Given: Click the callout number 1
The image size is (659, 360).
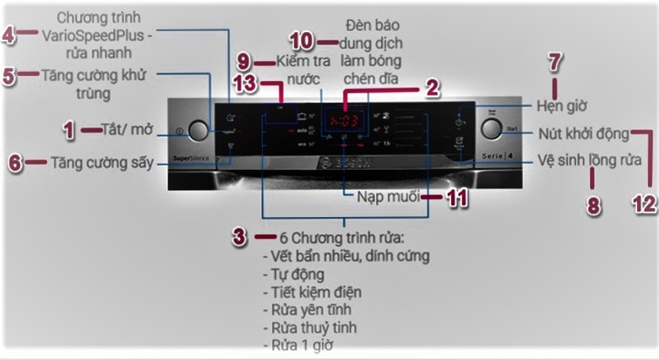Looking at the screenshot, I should coord(69,130).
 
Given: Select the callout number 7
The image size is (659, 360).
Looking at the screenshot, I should coord(554,62).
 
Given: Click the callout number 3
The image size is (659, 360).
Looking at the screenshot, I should coord(241,236).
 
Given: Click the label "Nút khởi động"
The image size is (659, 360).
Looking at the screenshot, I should coord(583,133).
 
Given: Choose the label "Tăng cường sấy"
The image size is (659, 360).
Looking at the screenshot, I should coord(102,162).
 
